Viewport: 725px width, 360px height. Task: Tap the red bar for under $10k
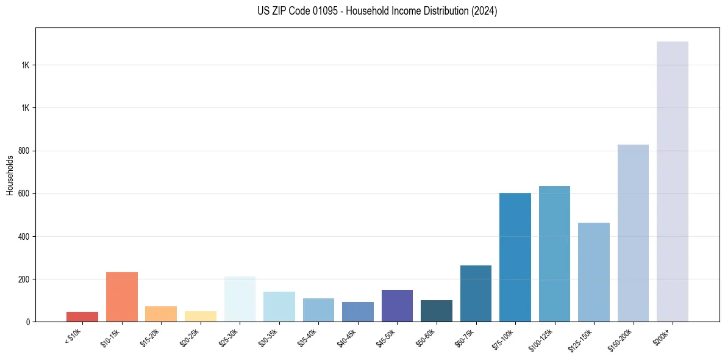point(82,317)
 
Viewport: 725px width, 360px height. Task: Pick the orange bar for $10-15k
point(122,297)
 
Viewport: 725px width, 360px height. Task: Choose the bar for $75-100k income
point(515,257)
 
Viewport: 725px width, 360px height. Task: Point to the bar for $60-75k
point(476,293)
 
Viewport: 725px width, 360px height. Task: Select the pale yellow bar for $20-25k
point(201,316)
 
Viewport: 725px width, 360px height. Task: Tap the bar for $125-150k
point(594,272)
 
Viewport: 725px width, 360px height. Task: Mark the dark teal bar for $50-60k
point(437,311)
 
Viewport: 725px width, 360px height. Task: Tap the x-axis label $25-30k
point(229,337)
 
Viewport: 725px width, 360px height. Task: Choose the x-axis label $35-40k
point(308,337)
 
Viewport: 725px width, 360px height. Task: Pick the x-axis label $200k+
point(663,336)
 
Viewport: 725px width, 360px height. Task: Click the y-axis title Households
point(10,175)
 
